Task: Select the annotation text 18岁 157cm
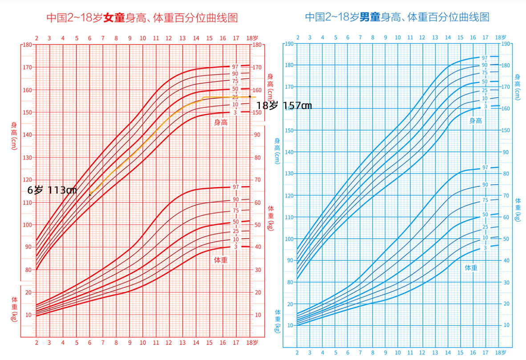[x=284, y=106]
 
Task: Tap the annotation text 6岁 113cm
[x=52, y=190]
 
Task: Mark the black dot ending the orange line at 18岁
[x=250, y=97]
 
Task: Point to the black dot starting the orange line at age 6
[x=90, y=194]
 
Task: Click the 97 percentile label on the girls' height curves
[x=235, y=67]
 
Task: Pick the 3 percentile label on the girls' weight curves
[x=235, y=247]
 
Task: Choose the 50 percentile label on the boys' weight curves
[x=485, y=215]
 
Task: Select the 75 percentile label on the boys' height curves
[x=485, y=73]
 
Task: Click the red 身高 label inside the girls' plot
[x=221, y=122]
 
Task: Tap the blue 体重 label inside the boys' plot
[x=471, y=268]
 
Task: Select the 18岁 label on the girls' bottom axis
[x=252, y=343]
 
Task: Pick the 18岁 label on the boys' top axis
[x=501, y=37]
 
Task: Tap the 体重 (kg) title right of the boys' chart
[x=518, y=210]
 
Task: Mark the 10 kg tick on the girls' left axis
[x=28, y=315]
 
